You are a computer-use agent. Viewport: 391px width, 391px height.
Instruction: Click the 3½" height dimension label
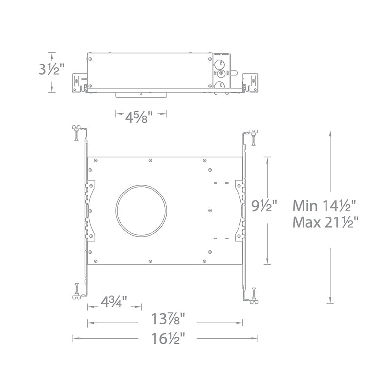click(51, 69)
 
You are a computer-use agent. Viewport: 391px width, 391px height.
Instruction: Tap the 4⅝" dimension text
click(138, 117)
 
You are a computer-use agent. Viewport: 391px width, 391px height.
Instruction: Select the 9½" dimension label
click(264, 206)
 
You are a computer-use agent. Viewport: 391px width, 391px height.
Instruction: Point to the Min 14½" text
click(325, 206)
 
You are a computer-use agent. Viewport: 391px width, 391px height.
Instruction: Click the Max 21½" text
click(326, 222)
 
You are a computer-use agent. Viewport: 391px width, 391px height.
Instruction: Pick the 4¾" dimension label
click(114, 302)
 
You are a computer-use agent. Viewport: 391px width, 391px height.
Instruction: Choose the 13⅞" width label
click(168, 319)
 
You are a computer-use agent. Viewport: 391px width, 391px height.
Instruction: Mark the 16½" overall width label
click(168, 338)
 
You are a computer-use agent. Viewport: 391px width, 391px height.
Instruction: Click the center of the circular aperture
click(141, 211)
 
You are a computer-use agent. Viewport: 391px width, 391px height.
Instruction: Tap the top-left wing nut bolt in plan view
click(76, 132)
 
